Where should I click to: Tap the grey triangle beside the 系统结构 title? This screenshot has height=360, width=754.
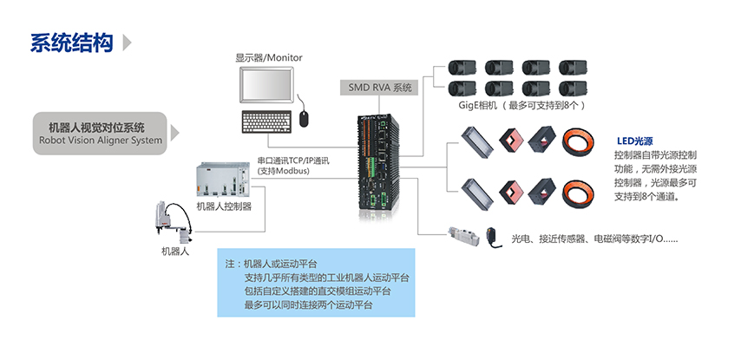tap(128, 43)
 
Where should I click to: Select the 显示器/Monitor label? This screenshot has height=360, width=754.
tap(268, 58)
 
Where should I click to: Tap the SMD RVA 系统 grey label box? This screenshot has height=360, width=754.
tap(379, 87)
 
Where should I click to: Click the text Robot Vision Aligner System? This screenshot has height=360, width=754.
tap(101, 140)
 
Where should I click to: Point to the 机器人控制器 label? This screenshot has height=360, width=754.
tap(224, 206)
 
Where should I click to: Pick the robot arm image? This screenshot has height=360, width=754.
tap(171, 221)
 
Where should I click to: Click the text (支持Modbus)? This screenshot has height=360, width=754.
tap(283, 171)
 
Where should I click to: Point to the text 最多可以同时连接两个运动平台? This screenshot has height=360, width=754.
tap(308, 305)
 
